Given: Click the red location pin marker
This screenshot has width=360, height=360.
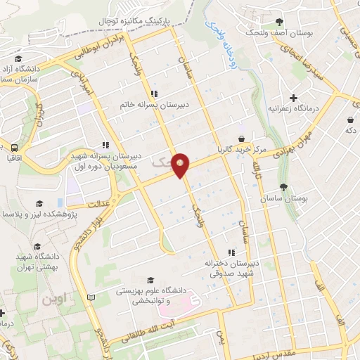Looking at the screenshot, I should pos(181,165).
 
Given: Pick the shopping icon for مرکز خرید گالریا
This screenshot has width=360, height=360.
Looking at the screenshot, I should pos(242,139).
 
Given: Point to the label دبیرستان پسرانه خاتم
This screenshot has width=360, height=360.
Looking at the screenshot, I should pos(153,105).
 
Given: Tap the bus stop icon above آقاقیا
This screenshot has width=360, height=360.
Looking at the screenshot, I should pos(15,147).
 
